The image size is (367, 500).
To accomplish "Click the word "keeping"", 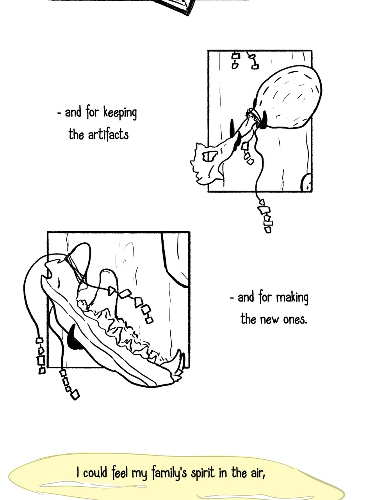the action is pos(120,113).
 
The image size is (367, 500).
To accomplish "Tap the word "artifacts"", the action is pos(108,135).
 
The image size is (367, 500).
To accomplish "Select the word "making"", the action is pos(292,298).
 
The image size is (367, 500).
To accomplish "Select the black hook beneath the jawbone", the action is pos(75,339).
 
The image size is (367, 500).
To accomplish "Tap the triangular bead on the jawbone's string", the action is pos(111,291).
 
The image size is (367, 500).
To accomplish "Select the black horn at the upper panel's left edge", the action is pos(232,129).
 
